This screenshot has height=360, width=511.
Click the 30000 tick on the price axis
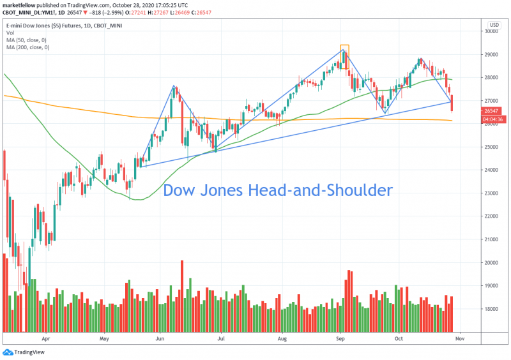[x=490, y=31]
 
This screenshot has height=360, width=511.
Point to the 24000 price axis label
[x=490, y=170]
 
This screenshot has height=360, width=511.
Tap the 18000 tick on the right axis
[x=490, y=310]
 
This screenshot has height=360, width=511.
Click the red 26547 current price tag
[x=491, y=110]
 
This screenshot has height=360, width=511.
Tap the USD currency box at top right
[x=494, y=25]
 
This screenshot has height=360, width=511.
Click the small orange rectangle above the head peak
[x=344, y=49]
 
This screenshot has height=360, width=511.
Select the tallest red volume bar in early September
[x=349, y=300]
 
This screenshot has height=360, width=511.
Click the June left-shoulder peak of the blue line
[x=174, y=86]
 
